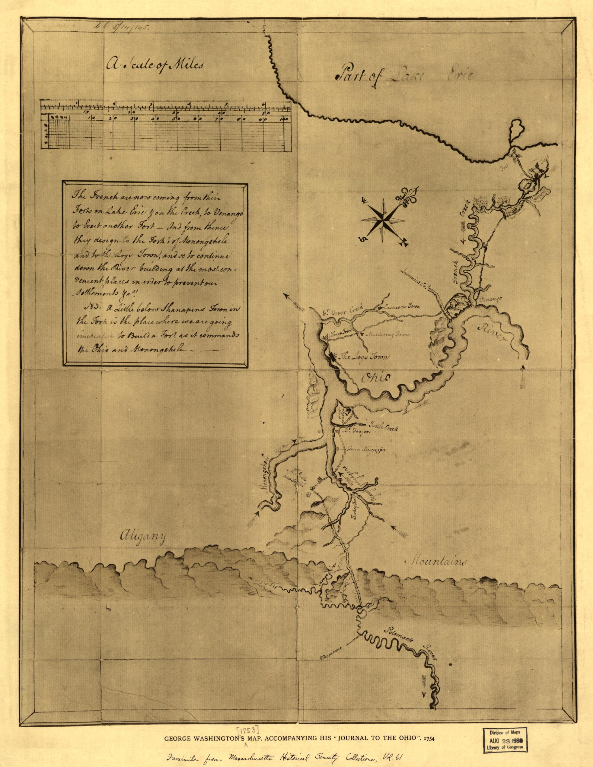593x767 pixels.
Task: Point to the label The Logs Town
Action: [x=362, y=357]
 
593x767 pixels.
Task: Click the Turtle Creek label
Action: [x=381, y=424]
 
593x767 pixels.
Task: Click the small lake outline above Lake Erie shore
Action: [x=516, y=130]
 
